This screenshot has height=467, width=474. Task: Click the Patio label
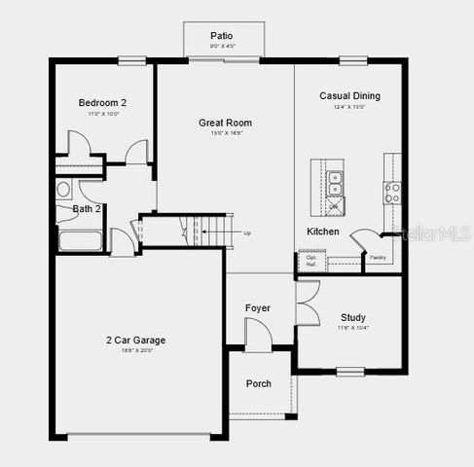pyautogui.click(x=221, y=36)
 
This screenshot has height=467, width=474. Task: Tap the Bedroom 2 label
pyautogui.click(x=103, y=102)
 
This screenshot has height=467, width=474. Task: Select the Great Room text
pyautogui.click(x=225, y=123)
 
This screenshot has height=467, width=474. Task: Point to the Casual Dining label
pyautogui.click(x=349, y=95)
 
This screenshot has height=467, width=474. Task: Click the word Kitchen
pyautogui.click(x=323, y=232)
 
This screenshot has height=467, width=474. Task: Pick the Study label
pyautogui.click(x=353, y=317)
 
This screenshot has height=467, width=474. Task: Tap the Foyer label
pyautogui.click(x=258, y=308)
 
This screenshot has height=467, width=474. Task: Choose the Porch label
pyautogui.click(x=259, y=383)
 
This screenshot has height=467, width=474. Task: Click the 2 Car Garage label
pyautogui.click(x=135, y=340)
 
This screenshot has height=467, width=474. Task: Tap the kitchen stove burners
pyautogui.click(x=391, y=192)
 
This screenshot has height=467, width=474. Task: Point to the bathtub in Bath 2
pyautogui.click(x=80, y=240)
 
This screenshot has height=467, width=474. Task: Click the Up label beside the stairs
pyautogui.click(x=247, y=233)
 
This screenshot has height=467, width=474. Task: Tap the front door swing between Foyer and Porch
pyautogui.click(x=257, y=334)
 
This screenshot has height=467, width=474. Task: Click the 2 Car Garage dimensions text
pyautogui.click(x=135, y=350)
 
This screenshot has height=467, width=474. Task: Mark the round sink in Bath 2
pyautogui.click(x=64, y=190)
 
